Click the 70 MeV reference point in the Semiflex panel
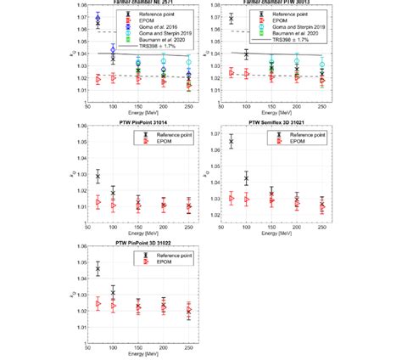point(231,141)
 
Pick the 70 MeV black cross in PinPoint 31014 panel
point(98,177)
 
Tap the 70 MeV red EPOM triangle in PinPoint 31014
point(98,203)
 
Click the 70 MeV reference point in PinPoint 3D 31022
point(98,268)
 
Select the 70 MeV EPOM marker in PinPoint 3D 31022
point(98,303)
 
